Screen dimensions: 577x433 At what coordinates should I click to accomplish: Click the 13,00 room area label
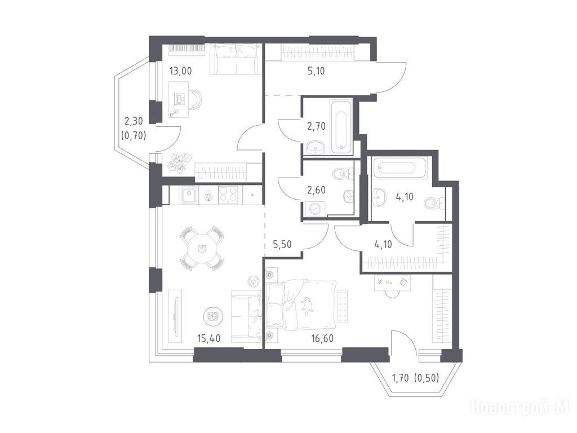tap(180, 70)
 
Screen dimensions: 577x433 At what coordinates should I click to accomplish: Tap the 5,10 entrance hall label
tap(316, 70)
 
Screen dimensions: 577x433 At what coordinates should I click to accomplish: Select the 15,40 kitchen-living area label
tap(208, 338)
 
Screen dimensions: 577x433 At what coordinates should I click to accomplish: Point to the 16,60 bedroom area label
tap(322, 338)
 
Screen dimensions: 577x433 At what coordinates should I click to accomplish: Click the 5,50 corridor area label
tap(282, 244)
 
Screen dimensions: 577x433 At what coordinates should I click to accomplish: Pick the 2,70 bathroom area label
tap(317, 126)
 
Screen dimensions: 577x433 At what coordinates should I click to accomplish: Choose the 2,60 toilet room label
tap(317, 191)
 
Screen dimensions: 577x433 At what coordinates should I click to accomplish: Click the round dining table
tap(202, 249)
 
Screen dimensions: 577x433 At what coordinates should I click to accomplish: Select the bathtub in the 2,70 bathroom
tap(342, 126)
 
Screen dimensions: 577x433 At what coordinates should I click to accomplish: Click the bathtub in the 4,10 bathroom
tap(400, 169)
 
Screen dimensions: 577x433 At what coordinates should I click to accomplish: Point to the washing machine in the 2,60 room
tap(316, 209)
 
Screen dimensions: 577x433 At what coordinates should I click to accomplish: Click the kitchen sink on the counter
tap(189, 195)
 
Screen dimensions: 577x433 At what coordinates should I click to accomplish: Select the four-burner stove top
tap(229, 195)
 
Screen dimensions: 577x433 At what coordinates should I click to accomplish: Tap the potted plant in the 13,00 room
tap(181, 162)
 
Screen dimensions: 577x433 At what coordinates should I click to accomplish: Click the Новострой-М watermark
tap(520, 408)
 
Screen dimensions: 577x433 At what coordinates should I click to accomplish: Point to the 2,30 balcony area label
tap(134, 121)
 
